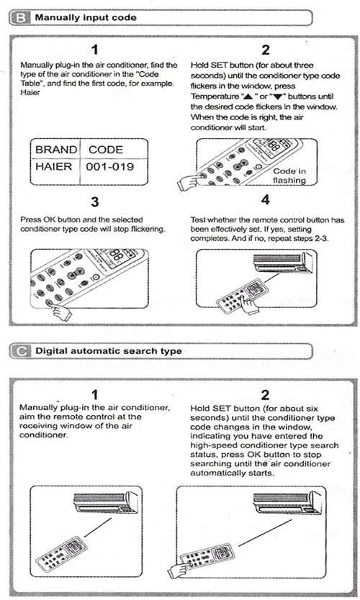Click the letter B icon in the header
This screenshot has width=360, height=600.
point(20,17)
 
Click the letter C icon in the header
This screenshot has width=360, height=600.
point(20,351)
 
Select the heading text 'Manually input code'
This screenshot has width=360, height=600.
point(86,17)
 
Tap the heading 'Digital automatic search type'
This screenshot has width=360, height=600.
point(109,351)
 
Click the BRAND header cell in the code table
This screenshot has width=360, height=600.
point(56,150)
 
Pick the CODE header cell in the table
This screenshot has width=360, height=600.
point(106,150)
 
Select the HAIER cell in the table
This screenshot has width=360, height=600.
point(53,166)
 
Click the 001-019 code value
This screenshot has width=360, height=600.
point(110,166)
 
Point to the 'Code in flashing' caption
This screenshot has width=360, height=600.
point(289,176)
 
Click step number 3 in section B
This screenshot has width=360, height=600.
point(94,201)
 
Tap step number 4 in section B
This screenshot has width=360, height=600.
point(266,199)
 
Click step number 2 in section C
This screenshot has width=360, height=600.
point(265,394)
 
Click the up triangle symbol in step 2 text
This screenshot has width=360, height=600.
point(248,96)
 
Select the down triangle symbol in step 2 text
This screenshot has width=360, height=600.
point(278,97)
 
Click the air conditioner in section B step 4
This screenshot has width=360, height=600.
point(284,262)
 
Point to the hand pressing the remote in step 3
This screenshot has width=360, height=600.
point(61,311)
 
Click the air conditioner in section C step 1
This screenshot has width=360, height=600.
point(106,502)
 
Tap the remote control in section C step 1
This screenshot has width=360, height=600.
point(62,553)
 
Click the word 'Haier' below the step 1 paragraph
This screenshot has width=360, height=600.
point(30,93)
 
